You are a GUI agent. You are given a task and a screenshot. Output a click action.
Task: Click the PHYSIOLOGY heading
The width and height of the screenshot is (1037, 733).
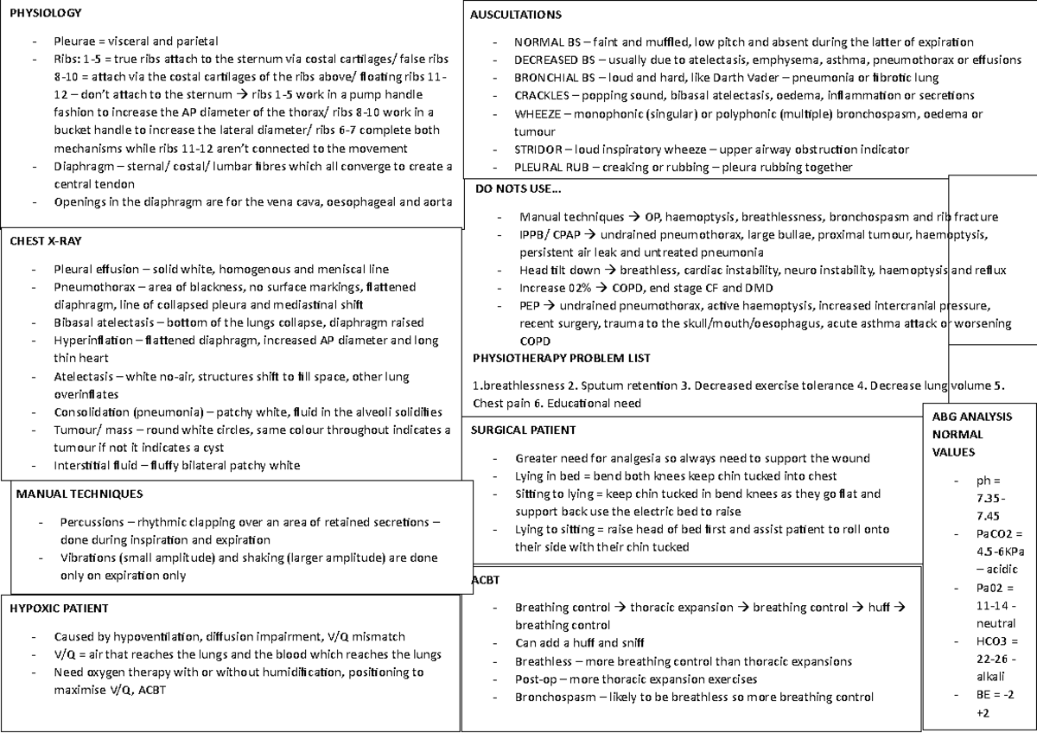click(46, 13)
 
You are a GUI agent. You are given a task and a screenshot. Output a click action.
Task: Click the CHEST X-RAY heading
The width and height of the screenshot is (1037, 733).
click(45, 240)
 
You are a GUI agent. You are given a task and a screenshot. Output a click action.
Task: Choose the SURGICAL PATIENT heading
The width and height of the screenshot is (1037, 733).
click(524, 430)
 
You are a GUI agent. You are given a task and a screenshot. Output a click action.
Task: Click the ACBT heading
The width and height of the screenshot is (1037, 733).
click(487, 579)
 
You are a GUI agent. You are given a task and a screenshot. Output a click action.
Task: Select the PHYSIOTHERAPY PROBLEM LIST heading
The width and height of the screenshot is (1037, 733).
click(562, 358)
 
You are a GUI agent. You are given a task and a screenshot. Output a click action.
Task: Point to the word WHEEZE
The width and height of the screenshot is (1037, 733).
click(538, 114)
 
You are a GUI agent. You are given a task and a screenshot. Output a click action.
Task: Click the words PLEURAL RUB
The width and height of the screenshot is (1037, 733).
click(550, 167)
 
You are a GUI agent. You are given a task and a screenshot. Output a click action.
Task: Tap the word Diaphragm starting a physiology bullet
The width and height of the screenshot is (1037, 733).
click(82, 167)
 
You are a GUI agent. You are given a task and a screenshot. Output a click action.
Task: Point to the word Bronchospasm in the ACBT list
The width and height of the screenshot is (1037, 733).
click(554, 697)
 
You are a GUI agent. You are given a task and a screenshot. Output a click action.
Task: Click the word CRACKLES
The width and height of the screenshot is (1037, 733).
click(542, 95)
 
